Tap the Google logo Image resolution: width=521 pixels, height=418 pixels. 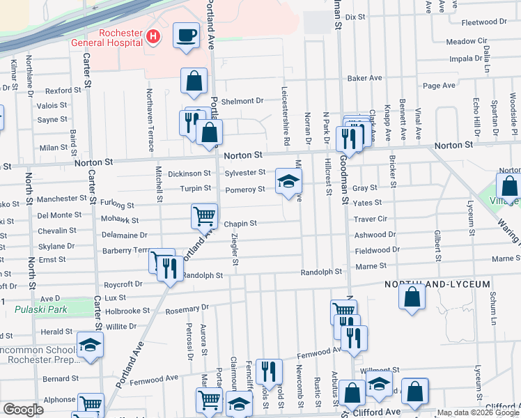23,410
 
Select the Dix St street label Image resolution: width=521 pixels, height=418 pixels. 355,16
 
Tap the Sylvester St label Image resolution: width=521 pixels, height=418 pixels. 244,172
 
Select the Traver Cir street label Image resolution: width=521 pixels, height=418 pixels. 370,218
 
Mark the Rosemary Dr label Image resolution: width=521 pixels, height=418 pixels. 185,307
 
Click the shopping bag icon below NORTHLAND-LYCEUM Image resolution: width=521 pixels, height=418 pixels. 412,296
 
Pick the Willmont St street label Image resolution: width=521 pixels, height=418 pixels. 377,371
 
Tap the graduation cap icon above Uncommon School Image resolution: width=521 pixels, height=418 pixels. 90,346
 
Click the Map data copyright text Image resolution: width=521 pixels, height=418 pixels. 478,412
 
